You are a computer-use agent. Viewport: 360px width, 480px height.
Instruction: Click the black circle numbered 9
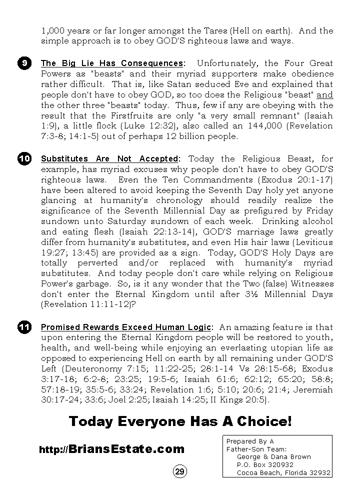pyautogui.click(x=24, y=63)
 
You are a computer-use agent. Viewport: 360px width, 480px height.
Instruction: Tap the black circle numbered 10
pyautogui.click(x=24, y=159)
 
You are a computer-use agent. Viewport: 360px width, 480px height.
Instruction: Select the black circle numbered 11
pyautogui.click(x=24, y=327)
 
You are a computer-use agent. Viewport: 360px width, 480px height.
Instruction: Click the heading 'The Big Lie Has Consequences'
pyautogui.click(x=111, y=63)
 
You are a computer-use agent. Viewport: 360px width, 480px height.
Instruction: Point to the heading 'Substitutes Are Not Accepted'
pyautogui.click(x=109, y=159)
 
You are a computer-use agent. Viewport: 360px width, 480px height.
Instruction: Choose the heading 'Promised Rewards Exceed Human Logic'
pyautogui.click(x=125, y=327)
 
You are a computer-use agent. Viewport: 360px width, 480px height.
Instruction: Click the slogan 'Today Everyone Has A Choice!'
pyautogui.click(x=180, y=421)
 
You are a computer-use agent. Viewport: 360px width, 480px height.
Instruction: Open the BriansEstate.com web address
pyautogui.click(x=111, y=449)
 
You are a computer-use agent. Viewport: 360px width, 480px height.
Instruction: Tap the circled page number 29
pyautogui.click(x=180, y=471)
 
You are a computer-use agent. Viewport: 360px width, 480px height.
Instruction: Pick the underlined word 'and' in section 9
pyautogui.click(x=325, y=95)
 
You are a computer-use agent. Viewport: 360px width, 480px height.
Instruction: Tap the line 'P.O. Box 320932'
pyautogui.click(x=265, y=464)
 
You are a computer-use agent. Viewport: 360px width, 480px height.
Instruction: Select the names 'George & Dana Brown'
pyautogui.click(x=273, y=457)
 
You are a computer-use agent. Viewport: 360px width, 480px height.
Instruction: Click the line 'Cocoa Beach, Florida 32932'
pyautogui.click(x=283, y=472)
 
